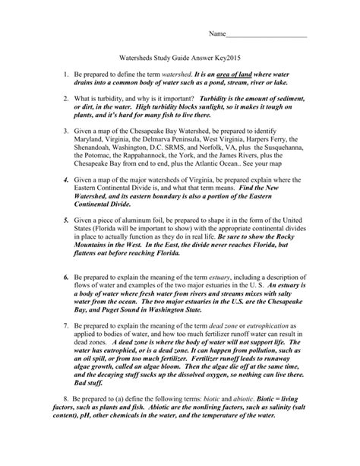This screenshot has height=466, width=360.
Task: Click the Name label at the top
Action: click(217, 35)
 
